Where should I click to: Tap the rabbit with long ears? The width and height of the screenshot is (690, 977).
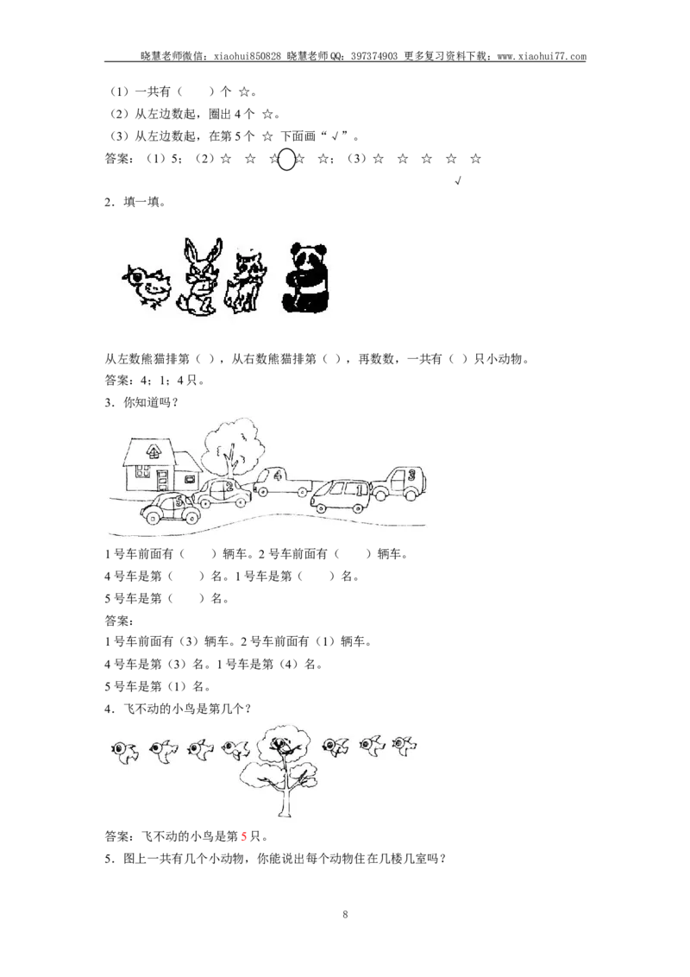(198, 277)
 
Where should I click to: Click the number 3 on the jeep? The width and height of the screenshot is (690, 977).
(412, 476)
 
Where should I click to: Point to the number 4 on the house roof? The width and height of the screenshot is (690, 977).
(153, 450)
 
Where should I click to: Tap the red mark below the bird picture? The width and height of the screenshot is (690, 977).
(244, 836)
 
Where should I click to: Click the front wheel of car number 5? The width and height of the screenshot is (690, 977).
(154, 516)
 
